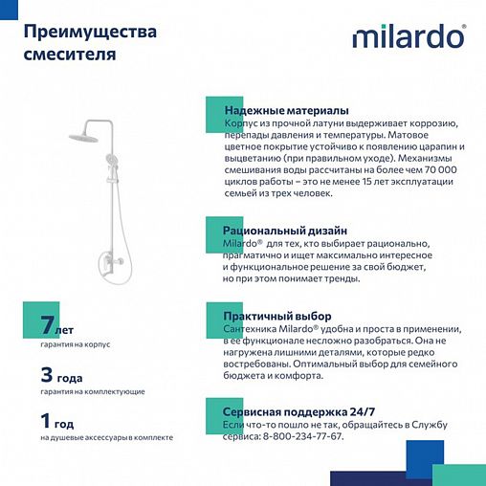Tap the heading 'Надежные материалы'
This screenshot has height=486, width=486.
[x=285, y=111]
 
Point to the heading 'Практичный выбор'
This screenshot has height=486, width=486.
[x=276, y=315]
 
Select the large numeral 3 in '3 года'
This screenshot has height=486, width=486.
[x=46, y=374]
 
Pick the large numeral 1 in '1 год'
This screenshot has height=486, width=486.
[x=45, y=420]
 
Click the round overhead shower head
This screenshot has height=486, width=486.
[x=87, y=137]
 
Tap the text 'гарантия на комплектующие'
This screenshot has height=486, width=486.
[x=93, y=391]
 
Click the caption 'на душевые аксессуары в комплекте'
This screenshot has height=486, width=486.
[x=106, y=437]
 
